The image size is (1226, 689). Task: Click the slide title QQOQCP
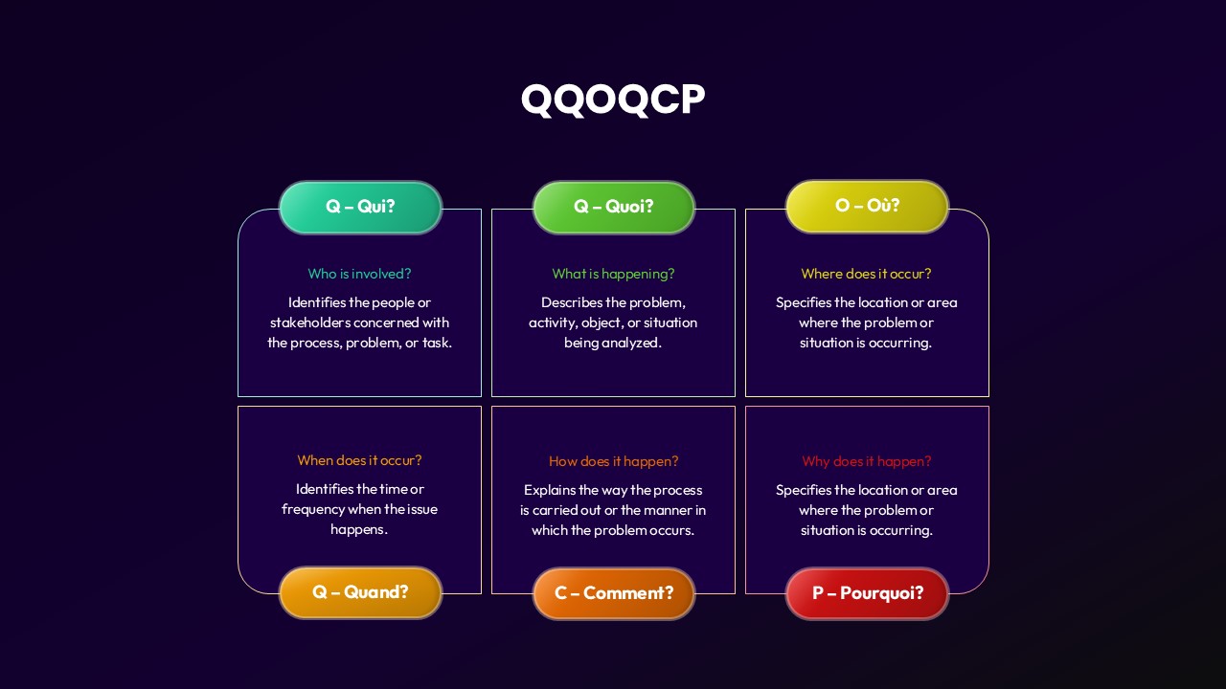613,100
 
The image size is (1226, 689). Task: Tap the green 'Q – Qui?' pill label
360,207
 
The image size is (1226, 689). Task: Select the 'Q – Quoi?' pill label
613,207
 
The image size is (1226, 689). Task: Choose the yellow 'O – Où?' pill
867,206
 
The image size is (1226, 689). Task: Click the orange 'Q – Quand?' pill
360,592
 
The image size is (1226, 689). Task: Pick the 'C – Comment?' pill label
613,593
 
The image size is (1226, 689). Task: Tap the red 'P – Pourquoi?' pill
867,593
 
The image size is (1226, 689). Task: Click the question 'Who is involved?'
359,274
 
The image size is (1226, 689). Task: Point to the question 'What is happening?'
613,274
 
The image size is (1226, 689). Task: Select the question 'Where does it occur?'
866,274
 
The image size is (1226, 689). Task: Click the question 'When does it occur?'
359,460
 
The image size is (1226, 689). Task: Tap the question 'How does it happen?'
613,461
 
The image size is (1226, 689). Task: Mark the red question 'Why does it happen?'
866,461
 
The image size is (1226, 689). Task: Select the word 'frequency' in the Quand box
312,509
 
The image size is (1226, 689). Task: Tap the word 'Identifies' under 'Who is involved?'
316,302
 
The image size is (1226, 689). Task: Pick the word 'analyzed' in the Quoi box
634,343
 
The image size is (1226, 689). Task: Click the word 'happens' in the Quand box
358,529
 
